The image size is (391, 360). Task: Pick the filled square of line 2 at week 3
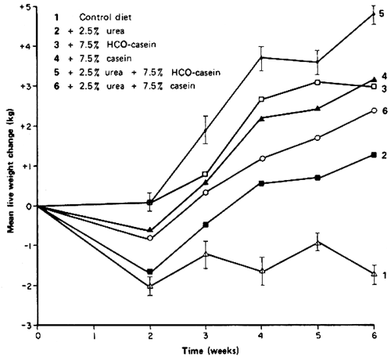pos(206,225)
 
